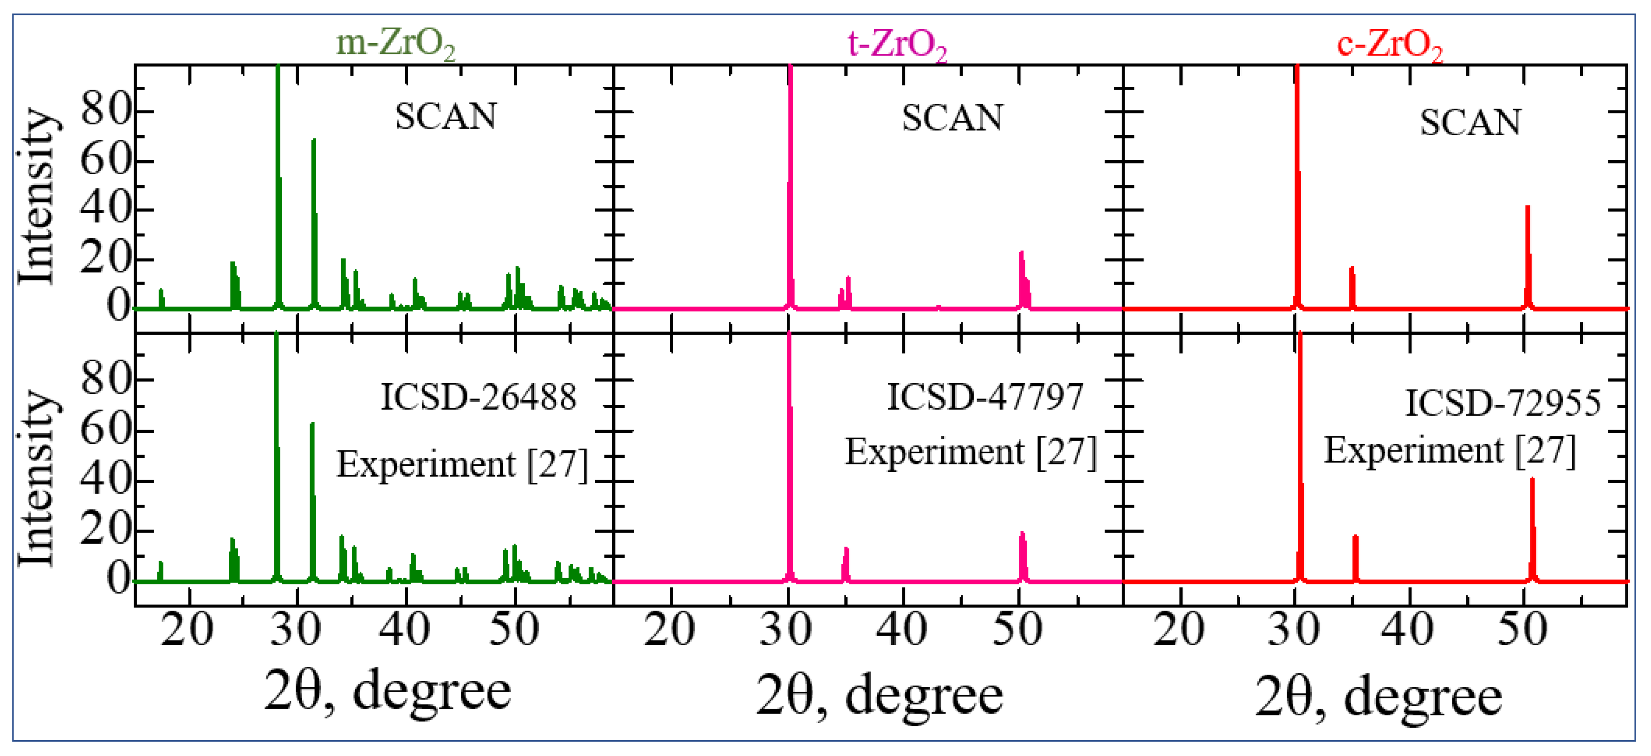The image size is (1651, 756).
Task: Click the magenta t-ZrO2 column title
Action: (x=897, y=45)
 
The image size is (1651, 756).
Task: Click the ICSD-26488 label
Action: (x=478, y=398)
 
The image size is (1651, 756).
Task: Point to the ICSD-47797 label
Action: (x=984, y=397)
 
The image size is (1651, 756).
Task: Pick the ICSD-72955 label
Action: (x=1502, y=404)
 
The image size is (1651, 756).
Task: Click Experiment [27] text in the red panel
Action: (x=1450, y=451)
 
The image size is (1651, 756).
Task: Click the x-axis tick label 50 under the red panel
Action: (x=1522, y=630)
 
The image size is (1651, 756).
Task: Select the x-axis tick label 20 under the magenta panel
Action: (x=669, y=630)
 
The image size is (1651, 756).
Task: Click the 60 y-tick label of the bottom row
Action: (x=106, y=430)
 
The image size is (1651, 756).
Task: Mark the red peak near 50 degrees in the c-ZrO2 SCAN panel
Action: (x=1528, y=256)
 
